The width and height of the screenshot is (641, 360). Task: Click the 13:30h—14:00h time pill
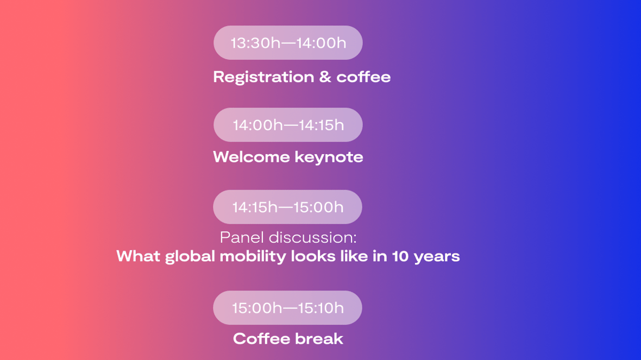coord(288,42)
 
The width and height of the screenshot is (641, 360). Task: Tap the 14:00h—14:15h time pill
coord(288,125)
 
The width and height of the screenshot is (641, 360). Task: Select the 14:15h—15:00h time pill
coord(287,207)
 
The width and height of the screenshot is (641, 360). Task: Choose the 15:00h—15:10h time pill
coord(287,308)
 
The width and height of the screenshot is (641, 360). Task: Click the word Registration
coord(263,77)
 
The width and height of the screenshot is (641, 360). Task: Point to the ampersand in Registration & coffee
coord(325,77)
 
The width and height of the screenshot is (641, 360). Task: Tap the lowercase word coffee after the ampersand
coord(363,77)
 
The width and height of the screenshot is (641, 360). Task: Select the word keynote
coord(329,157)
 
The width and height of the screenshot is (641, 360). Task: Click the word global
coord(190,257)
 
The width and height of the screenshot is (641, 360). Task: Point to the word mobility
coord(253,257)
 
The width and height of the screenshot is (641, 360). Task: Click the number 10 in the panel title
coord(400,256)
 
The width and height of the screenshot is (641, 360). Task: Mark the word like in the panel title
coord(359,256)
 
